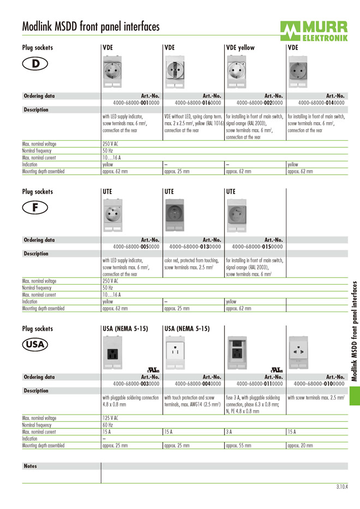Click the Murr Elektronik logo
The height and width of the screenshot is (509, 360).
313,31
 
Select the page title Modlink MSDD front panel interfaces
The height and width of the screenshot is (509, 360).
91,26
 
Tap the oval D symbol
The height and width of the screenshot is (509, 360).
35,64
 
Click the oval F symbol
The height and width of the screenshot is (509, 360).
35,207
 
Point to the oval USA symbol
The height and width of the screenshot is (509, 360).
35,345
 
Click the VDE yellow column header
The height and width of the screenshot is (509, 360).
240,48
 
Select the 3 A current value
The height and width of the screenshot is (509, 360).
229,432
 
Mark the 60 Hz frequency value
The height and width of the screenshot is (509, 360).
107,425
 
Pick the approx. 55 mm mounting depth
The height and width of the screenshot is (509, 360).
239,446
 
